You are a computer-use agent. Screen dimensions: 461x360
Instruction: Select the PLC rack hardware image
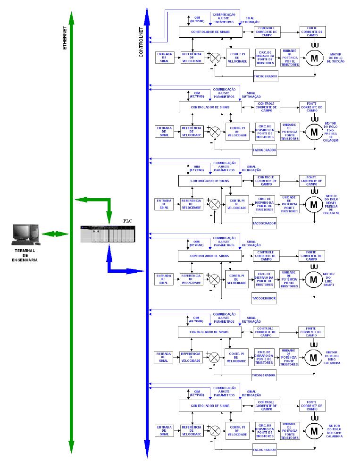108,235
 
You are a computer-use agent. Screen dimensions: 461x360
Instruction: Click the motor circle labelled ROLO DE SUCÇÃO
313,58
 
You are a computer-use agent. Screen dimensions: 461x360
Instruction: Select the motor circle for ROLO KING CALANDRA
313,357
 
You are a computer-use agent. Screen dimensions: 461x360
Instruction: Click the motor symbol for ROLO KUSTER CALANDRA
313,430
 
